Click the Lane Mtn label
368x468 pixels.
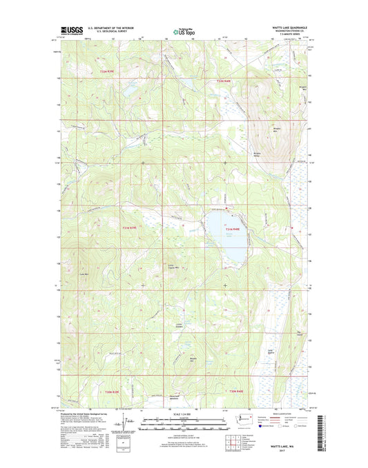86,274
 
